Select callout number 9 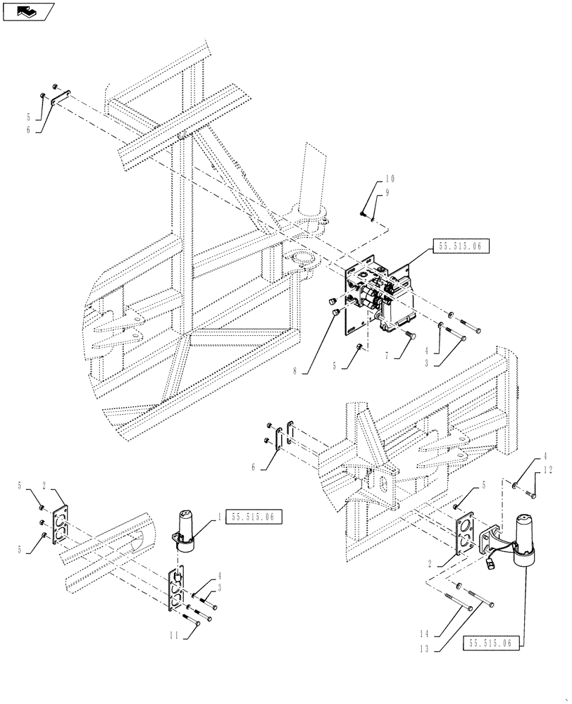[387, 193]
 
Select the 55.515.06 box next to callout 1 [254, 517]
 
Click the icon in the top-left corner [29, 11]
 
